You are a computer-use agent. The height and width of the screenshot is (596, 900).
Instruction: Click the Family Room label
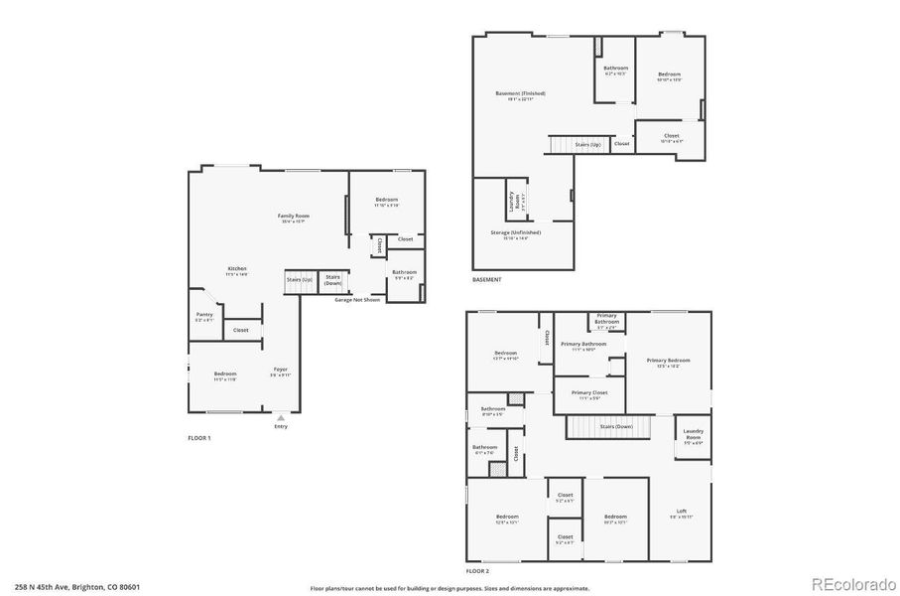pos(294,217)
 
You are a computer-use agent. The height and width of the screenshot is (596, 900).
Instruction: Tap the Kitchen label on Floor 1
pos(237,269)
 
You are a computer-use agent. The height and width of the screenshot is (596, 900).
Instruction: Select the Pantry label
pos(203,316)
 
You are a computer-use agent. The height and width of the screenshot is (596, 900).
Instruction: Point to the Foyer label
pos(281,371)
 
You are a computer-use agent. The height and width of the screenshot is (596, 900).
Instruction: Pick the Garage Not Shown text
pos(357,299)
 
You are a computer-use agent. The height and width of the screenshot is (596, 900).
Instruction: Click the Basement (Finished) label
pos(520,95)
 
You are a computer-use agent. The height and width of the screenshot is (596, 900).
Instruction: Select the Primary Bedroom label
pos(668,361)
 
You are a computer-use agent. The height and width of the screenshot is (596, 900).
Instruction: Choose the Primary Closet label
pos(589,393)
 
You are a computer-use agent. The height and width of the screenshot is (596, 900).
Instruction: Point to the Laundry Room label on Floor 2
pos(693,437)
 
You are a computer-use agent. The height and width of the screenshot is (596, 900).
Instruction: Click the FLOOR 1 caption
pos(199,438)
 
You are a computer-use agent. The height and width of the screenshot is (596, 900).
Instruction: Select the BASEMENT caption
pos(486,280)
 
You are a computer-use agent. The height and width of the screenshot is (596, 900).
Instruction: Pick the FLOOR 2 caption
pos(477,571)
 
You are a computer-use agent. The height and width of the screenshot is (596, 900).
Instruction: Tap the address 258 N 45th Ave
pos(76,587)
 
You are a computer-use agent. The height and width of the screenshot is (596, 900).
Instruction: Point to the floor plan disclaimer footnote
pos(449,587)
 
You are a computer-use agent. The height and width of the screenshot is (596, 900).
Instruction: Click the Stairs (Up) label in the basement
pos(587,145)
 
